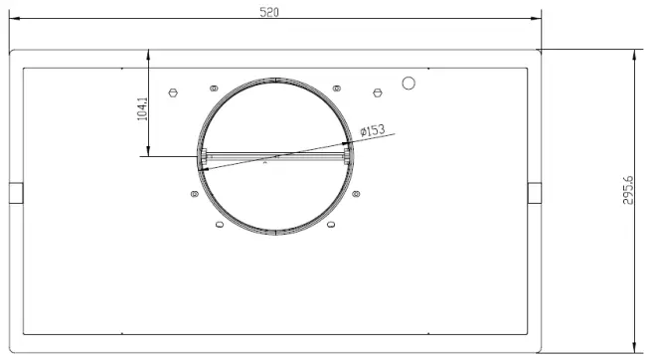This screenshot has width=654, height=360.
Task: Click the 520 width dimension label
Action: click(269, 12)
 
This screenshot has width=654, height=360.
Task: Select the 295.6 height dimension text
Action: click(628, 190)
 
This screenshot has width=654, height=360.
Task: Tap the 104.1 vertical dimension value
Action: click(142, 109)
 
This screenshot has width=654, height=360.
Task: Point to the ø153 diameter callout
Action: click(373, 130)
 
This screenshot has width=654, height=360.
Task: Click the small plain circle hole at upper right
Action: click(409, 84)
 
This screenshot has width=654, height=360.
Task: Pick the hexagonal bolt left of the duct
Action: click(173, 92)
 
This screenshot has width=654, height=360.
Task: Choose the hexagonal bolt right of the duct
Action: click(378, 92)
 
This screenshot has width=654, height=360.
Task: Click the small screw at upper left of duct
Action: click(214, 89)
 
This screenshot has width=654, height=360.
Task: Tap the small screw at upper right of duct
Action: click(337, 89)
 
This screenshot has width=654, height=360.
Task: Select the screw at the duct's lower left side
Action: click(195, 194)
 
